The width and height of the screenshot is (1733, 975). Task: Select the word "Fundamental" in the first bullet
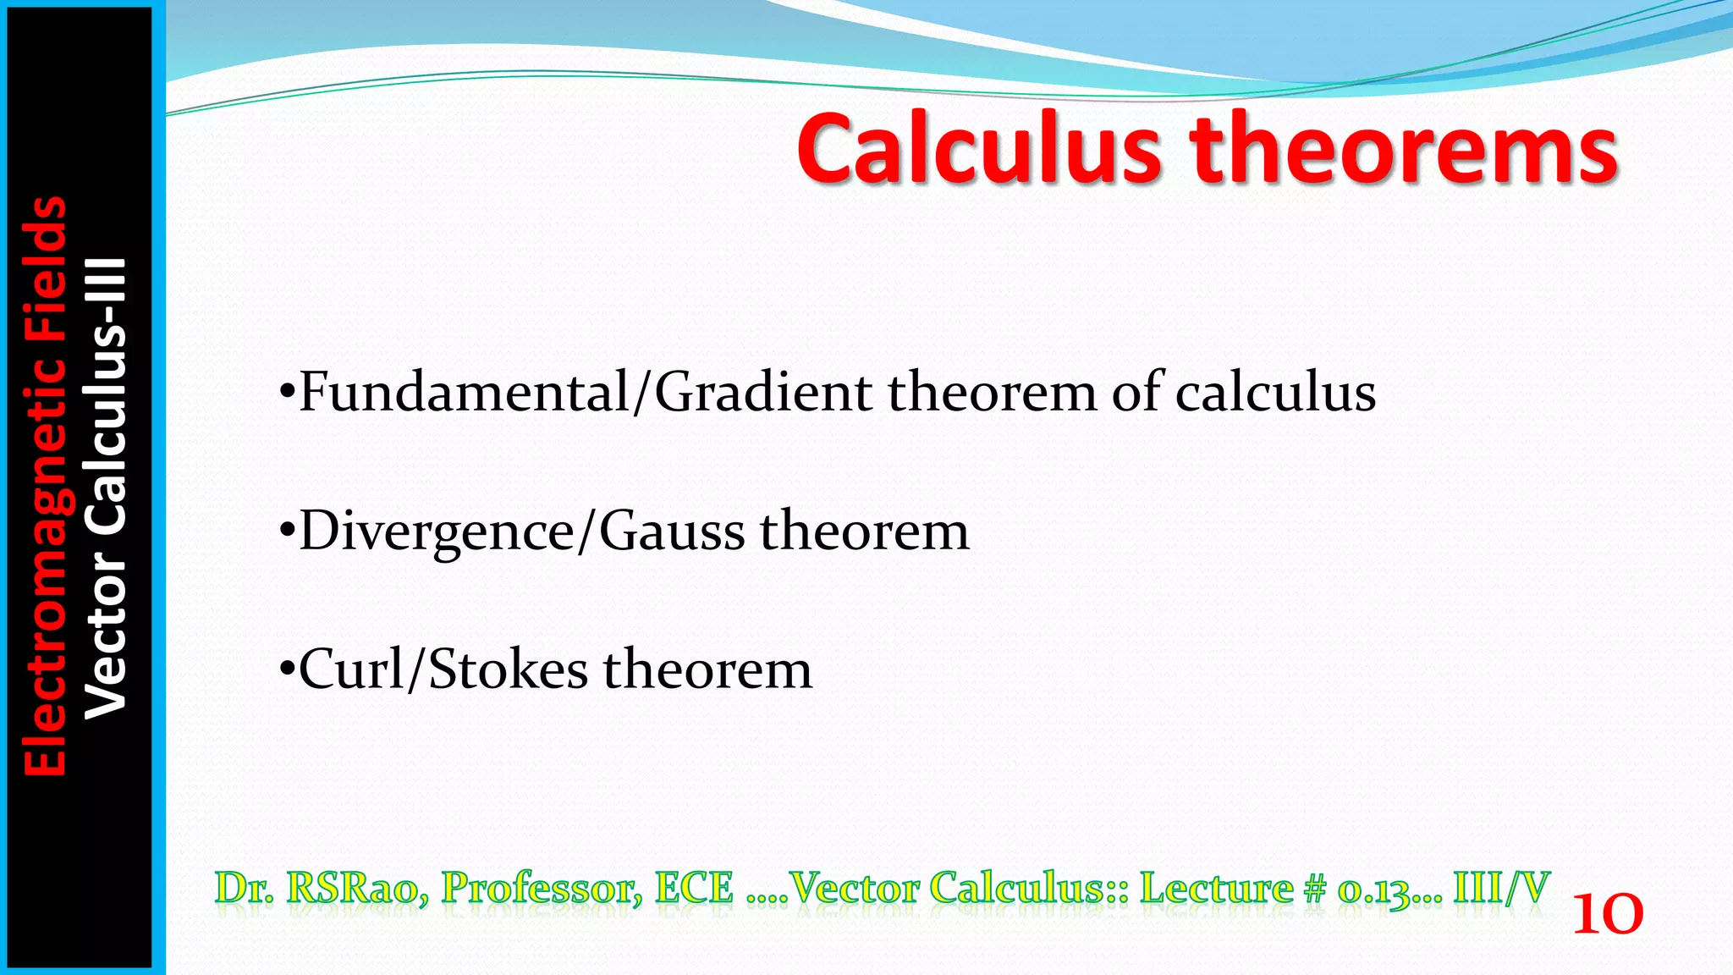[464, 393]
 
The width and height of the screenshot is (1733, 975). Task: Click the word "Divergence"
[437, 532]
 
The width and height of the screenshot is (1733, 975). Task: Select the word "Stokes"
[508, 669]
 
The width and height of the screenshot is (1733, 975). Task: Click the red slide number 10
[1607, 915]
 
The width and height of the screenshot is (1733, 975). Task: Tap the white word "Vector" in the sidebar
[107, 635]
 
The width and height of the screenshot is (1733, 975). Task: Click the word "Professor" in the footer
[542, 888]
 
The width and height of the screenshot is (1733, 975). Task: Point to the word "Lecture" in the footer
[1216, 888]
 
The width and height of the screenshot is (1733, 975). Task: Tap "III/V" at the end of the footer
[1501, 888]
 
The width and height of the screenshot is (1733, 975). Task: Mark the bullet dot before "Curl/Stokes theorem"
[287, 671]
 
